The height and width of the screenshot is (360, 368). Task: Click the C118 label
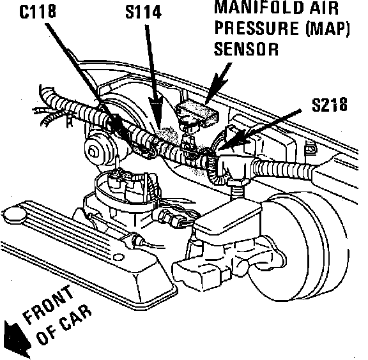pyautogui.click(x=38, y=11)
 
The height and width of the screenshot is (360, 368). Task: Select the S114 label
pyautogui.click(x=144, y=11)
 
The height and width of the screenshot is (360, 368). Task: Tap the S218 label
pyautogui.click(x=330, y=104)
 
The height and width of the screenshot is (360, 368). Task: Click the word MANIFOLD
pyautogui.click(x=258, y=8)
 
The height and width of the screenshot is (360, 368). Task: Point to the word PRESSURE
pyautogui.click(x=257, y=28)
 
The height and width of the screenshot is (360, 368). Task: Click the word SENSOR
pyautogui.click(x=247, y=49)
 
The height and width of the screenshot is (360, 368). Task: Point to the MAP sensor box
pyautogui.click(x=197, y=112)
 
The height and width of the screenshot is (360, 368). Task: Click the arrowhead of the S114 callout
pyautogui.click(x=157, y=111)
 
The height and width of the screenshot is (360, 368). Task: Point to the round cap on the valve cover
pyautogui.click(x=14, y=214)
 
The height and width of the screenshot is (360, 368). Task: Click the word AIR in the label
pyautogui.click(x=324, y=8)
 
